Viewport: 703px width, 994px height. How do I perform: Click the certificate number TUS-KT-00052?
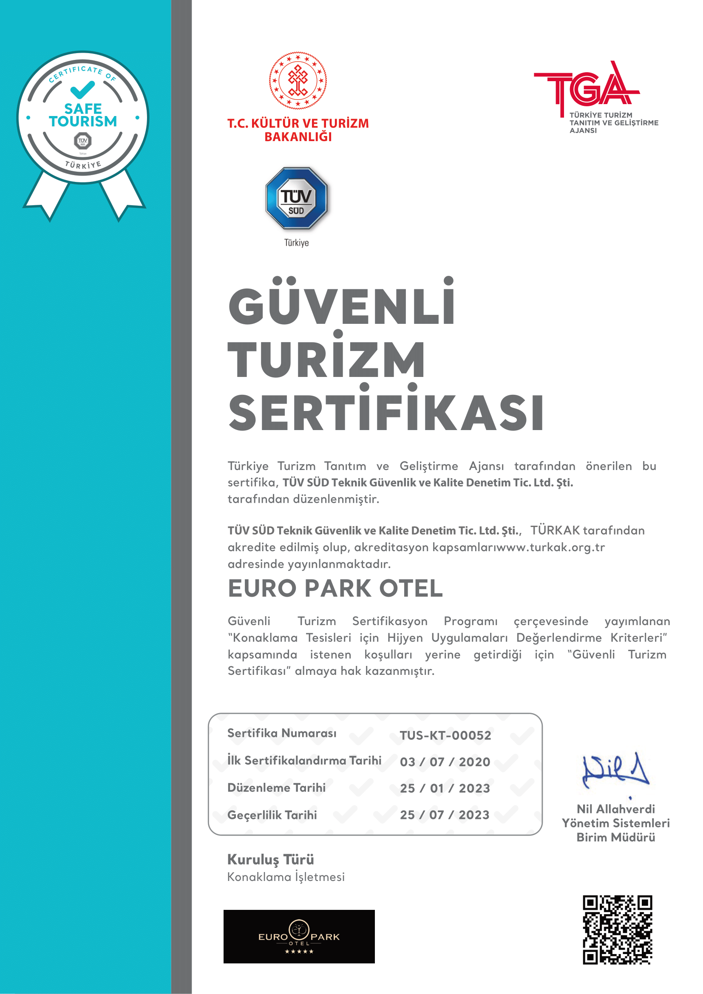click(x=445, y=735)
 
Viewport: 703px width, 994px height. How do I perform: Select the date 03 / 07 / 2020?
click(x=445, y=762)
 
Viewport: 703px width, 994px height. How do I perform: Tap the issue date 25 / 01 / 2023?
click(x=445, y=788)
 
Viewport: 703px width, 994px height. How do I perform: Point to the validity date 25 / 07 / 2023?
click(x=445, y=815)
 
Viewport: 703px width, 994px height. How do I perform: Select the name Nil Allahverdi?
click(x=615, y=809)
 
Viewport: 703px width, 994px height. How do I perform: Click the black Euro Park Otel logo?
click(x=299, y=937)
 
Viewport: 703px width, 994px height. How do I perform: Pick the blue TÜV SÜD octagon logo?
click(x=297, y=198)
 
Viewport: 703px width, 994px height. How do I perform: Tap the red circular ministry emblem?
click(x=298, y=80)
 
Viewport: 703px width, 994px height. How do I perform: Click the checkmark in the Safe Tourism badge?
click(x=82, y=90)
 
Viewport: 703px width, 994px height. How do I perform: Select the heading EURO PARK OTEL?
click(x=335, y=588)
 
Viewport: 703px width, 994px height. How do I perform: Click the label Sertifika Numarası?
click(x=282, y=733)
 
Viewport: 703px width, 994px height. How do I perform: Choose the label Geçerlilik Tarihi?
click(x=272, y=815)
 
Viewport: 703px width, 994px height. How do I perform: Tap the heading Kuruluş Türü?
click(x=271, y=859)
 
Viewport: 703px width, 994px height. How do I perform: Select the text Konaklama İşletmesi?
click(x=286, y=877)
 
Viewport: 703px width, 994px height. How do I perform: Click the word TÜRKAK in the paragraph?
click(x=555, y=530)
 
